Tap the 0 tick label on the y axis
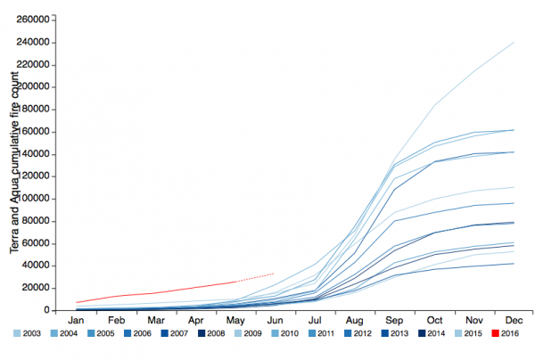coord(45,310)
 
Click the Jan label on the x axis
coord(77,320)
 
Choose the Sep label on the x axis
coord(394,320)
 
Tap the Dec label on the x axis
coord(514,320)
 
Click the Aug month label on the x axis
coord(353,320)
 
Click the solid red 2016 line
coord(160,290)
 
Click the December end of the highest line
coord(514,42)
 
